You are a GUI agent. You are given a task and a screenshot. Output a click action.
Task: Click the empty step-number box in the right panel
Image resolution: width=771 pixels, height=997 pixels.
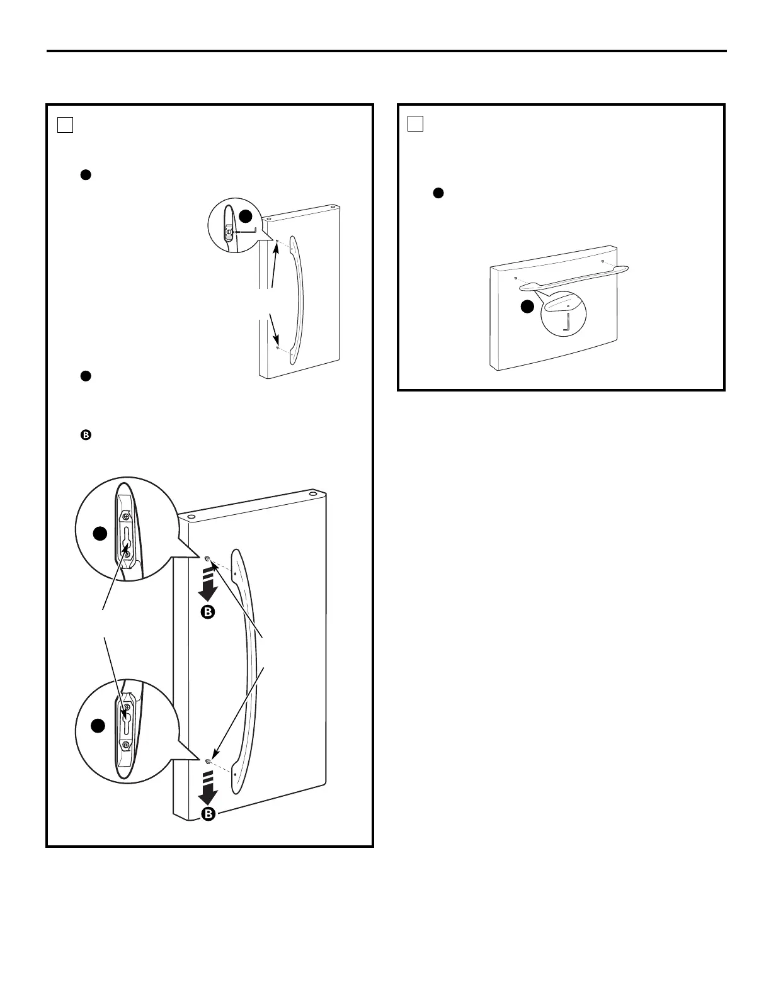415,124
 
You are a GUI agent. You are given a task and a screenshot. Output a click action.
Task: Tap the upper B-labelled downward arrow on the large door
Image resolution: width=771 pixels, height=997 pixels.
208,592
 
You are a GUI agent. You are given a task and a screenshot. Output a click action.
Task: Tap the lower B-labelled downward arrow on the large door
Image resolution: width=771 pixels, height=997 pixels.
208,794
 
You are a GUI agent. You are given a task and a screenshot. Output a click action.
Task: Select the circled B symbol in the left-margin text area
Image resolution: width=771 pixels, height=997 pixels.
86,435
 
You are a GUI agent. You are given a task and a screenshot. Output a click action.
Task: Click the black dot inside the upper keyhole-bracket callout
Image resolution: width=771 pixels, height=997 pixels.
100,534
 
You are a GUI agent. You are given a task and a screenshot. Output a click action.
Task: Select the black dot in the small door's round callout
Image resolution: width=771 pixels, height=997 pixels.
246,216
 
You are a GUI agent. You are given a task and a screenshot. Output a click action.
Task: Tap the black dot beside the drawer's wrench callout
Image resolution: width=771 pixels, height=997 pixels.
528,307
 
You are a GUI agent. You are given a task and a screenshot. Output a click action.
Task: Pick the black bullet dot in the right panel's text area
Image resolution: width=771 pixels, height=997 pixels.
438,193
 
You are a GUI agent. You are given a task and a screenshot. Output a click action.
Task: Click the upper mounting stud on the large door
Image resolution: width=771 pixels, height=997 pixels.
208,558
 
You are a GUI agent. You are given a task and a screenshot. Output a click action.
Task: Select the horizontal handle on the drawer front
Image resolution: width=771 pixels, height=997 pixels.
573,278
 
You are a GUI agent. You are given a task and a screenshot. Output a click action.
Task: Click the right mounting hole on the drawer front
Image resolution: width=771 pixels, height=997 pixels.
603,261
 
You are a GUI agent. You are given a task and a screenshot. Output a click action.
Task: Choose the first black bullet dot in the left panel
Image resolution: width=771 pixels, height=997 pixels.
86,176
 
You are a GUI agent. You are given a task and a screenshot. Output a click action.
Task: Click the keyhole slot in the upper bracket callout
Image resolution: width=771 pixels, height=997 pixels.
127,541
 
